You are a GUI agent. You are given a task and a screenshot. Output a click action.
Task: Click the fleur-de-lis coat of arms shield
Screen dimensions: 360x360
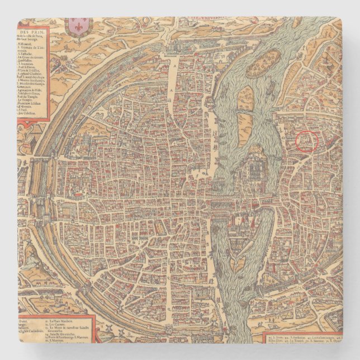coord(79,25)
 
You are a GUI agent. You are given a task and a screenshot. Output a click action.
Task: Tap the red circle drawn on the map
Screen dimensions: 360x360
coord(306,141)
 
